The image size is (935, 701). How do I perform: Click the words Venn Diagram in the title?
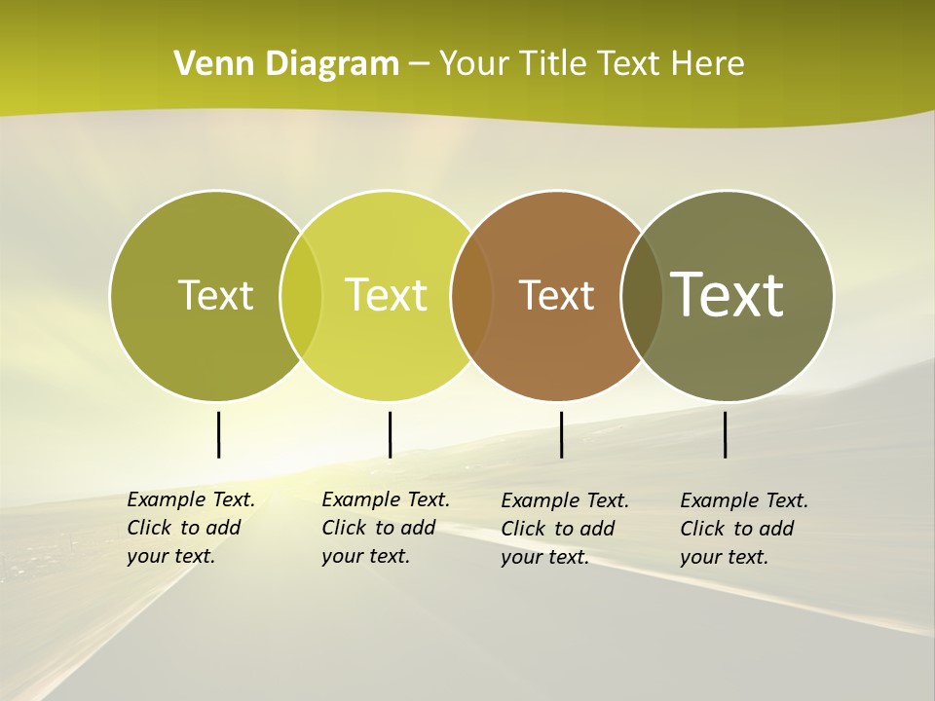pos(286,64)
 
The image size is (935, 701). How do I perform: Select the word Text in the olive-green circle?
pos(215,295)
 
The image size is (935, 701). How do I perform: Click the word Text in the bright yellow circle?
pos(387,295)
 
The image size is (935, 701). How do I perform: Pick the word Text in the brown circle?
pos(556,295)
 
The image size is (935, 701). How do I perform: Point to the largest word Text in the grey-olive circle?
pos(728,294)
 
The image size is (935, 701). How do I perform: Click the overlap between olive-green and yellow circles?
pos(301,295)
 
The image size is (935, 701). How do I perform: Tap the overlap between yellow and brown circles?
pos(471,295)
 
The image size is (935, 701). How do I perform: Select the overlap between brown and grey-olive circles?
pos(642,295)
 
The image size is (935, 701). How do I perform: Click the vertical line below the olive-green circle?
pos(218,434)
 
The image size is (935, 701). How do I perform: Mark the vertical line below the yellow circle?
pos(390,434)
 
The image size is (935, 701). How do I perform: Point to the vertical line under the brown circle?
pos(561,434)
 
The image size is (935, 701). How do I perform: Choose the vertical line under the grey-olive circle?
pos(725,434)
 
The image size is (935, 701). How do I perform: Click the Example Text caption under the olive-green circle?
pos(191,528)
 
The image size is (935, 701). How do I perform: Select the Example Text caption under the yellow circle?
pos(386,528)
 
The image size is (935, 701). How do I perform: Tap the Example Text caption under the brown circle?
pos(565,529)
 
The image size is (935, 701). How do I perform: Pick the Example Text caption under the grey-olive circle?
pos(744,529)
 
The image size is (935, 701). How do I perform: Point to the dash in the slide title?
pos(419,65)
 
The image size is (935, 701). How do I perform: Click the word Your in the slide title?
pos(473,64)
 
